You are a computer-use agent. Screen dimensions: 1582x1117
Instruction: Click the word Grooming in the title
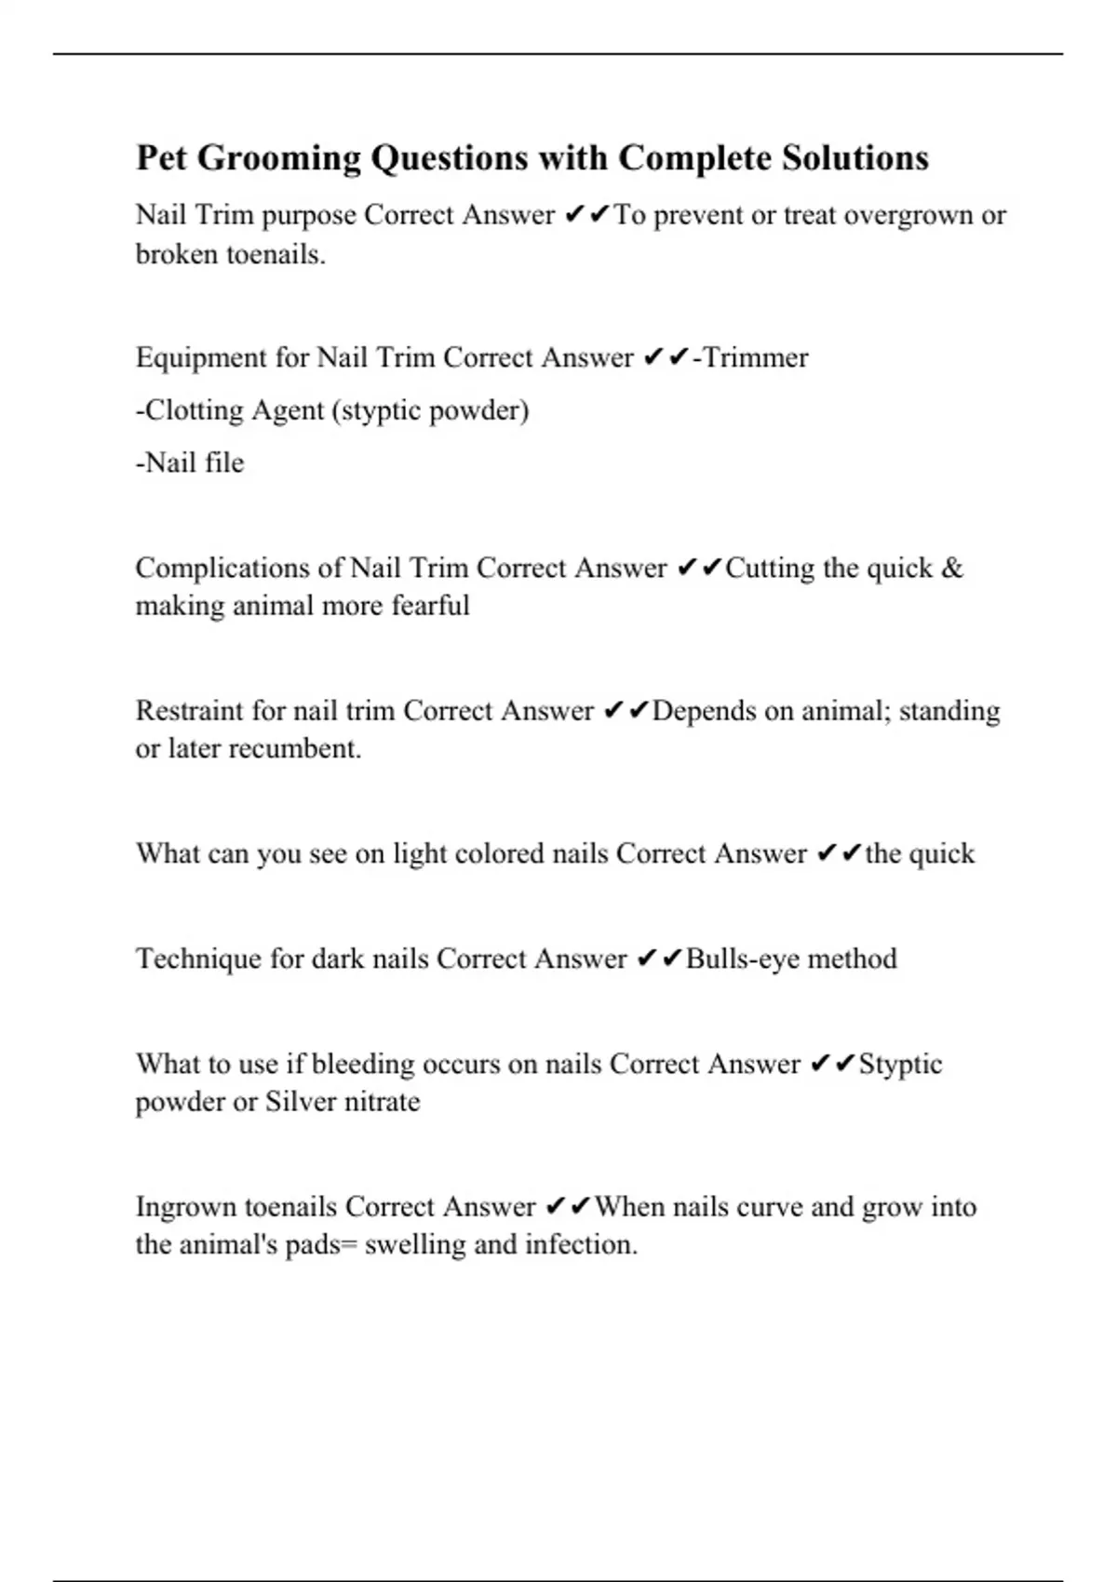pos(279,159)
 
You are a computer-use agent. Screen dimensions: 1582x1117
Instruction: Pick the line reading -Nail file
pos(190,463)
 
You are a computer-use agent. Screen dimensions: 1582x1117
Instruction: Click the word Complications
pos(239,569)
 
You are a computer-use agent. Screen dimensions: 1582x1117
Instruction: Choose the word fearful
pos(430,606)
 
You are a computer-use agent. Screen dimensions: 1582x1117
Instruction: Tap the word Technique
pos(198,959)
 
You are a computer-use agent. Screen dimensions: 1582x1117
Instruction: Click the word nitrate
pos(382,1102)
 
